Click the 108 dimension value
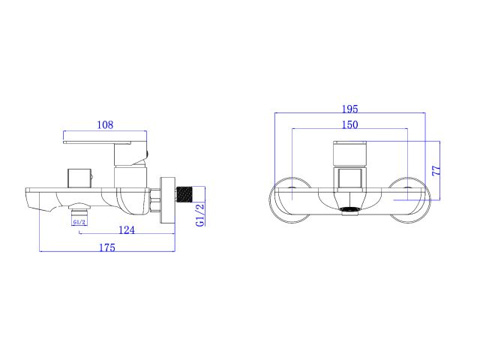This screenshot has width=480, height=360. click(105, 125)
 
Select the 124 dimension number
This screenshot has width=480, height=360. click(127, 230)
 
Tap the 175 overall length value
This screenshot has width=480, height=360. click(107, 248)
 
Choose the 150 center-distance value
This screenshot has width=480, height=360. click(350, 124)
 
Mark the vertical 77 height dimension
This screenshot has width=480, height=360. click(437, 169)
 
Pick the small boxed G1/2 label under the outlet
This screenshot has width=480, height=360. click(79, 222)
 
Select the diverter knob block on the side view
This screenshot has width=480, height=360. click(78, 177)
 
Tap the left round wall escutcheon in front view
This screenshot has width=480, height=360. click(289, 200)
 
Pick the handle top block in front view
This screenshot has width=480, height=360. click(349, 154)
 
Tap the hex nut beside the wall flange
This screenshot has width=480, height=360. click(155, 198)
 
